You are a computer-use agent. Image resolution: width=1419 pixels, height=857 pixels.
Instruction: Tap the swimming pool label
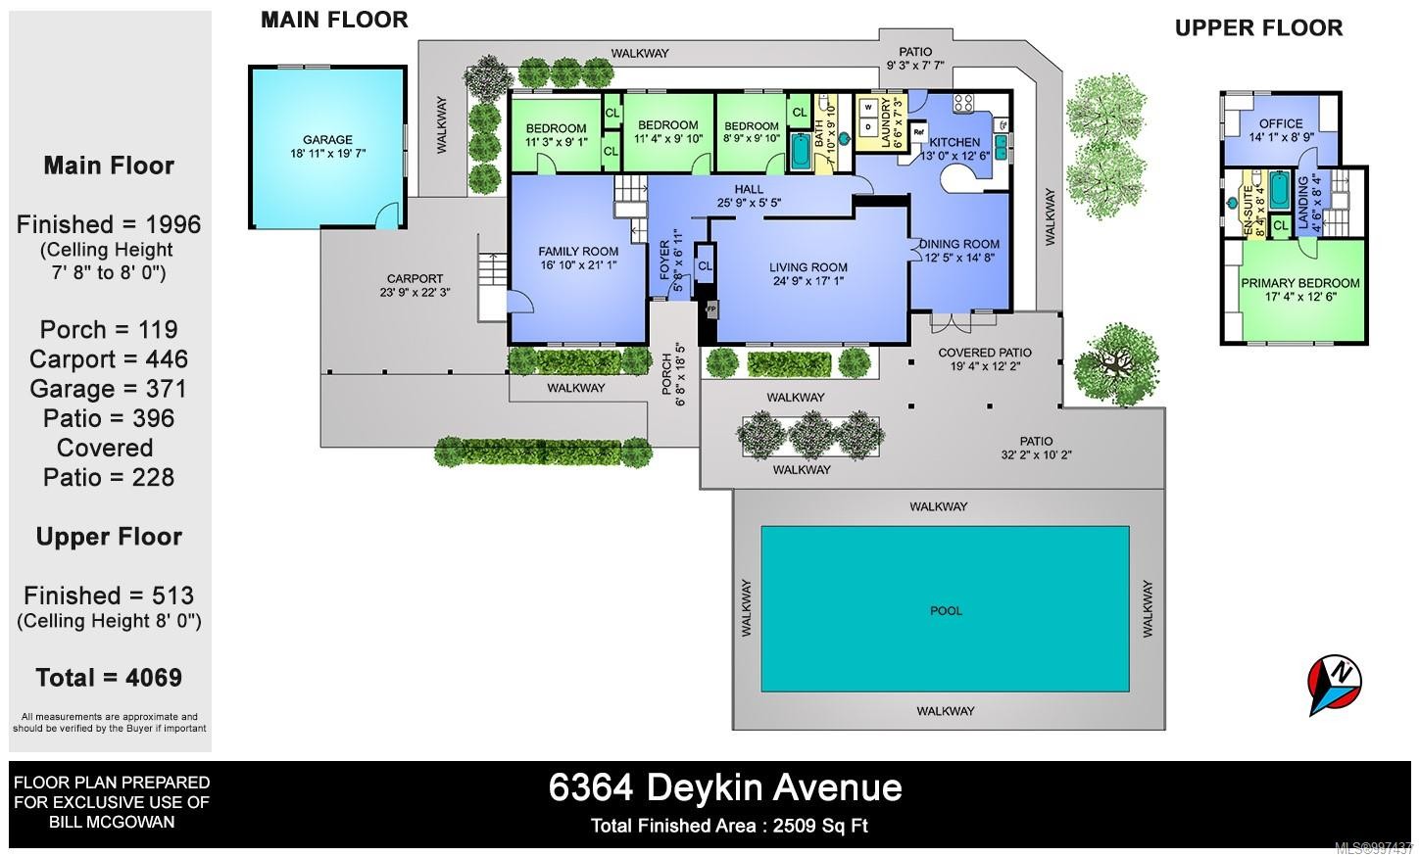(x=946, y=610)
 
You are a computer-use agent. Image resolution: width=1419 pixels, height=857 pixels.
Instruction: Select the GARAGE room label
(x=327, y=140)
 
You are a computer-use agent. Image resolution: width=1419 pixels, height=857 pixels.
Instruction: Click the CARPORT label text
(x=415, y=279)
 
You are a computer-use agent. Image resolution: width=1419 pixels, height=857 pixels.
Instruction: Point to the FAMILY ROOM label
(x=578, y=252)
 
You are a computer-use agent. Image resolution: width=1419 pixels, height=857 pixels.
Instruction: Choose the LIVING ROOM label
(x=807, y=267)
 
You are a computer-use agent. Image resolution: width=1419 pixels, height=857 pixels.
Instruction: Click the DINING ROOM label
(x=959, y=244)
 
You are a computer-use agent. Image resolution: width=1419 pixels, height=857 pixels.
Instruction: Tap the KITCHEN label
(x=954, y=142)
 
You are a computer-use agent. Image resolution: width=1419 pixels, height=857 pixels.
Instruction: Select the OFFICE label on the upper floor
(x=1281, y=123)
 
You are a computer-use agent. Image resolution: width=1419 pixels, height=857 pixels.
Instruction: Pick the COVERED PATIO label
(x=985, y=353)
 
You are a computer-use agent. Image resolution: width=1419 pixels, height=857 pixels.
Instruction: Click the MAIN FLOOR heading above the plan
(x=334, y=20)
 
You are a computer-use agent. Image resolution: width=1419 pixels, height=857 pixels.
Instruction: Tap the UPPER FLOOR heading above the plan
(x=1258, y=28)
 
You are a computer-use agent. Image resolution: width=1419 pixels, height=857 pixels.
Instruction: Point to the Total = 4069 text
(x=109, y=678)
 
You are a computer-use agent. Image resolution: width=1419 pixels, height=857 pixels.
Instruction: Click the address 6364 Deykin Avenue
(x=725, y=787)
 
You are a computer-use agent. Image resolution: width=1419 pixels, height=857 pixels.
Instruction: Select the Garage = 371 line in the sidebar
(x=108, y=389)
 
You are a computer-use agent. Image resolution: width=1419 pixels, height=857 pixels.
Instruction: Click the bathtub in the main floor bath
(x=800, y=152)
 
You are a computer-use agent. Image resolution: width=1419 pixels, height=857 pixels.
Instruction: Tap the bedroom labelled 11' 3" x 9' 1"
(x=556, y=128)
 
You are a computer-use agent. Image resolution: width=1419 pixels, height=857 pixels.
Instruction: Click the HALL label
(x=749, y=189)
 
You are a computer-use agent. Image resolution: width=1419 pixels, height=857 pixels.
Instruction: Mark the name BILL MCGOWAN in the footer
(x=112, y=822)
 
